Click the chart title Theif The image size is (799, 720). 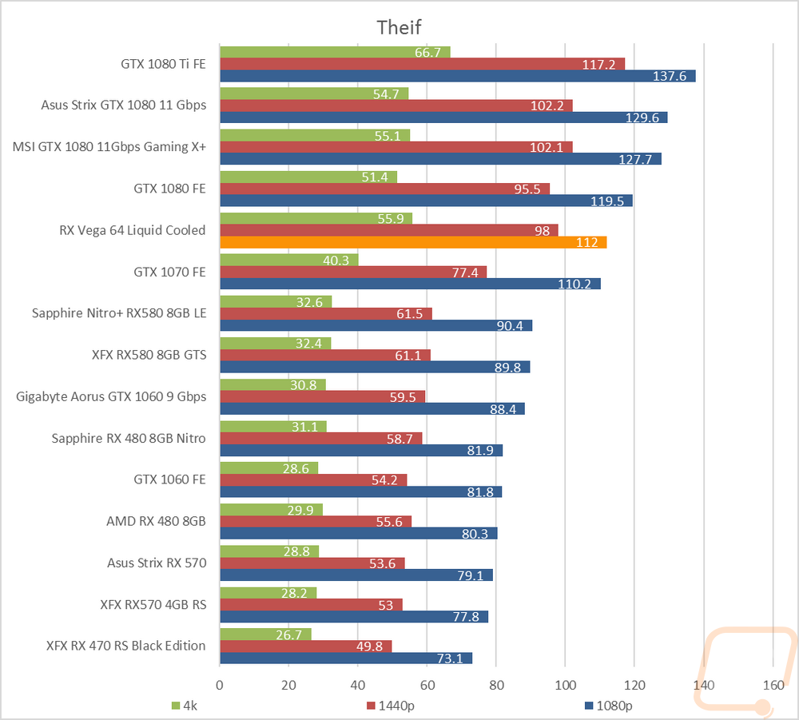point(399,27)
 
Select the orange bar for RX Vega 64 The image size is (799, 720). point(413,243)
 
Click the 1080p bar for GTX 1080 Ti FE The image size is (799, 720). point(458,76)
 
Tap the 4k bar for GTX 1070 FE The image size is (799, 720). point(289,260)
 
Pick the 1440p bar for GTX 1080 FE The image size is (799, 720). point(385,189)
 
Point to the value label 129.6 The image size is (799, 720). point(642,117)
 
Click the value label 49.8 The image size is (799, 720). point(369,646)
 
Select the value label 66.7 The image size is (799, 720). point(427,53)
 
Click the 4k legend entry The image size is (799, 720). point(185,706)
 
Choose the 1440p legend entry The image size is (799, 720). point(391,706)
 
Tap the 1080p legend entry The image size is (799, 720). point(608,706)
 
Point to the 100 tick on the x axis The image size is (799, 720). point(565,686)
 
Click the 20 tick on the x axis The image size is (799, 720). point(288,686)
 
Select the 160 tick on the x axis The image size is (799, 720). point(773,686)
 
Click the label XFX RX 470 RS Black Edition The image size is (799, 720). point(126,646)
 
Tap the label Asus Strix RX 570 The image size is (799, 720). point(157,563)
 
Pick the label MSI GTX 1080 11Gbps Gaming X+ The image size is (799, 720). point(109,147)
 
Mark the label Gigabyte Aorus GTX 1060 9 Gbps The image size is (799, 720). point(111,396)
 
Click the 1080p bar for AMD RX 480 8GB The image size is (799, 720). point(359,534)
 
